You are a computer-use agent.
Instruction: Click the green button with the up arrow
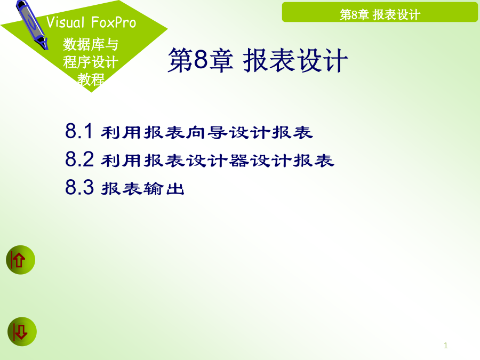(20, 260)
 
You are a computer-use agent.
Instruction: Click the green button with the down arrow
(22, 332)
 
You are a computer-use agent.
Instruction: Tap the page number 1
(446, 346)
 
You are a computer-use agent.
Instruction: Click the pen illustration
(32, 24)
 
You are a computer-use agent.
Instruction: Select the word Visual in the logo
(65, 22)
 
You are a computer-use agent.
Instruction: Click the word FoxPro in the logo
(114, 22)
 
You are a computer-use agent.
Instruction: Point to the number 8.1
(79, 131)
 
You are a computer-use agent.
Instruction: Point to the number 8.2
(79, 159)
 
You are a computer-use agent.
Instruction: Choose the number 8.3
(79, 187)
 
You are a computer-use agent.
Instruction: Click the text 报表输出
(142, 188)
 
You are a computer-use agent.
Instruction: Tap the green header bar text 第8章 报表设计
(380, 15)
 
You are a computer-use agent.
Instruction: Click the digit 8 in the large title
(201, 59)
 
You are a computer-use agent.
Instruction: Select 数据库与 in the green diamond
(91, 44)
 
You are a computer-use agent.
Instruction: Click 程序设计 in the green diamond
(91, 62)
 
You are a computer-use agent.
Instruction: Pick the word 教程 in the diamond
(91, 79)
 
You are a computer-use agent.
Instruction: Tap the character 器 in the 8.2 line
(238, 161)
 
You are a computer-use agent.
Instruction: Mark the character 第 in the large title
(181, 60)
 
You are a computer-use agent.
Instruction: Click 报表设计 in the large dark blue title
(295, 60)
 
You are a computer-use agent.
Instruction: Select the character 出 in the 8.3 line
(175, 189)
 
